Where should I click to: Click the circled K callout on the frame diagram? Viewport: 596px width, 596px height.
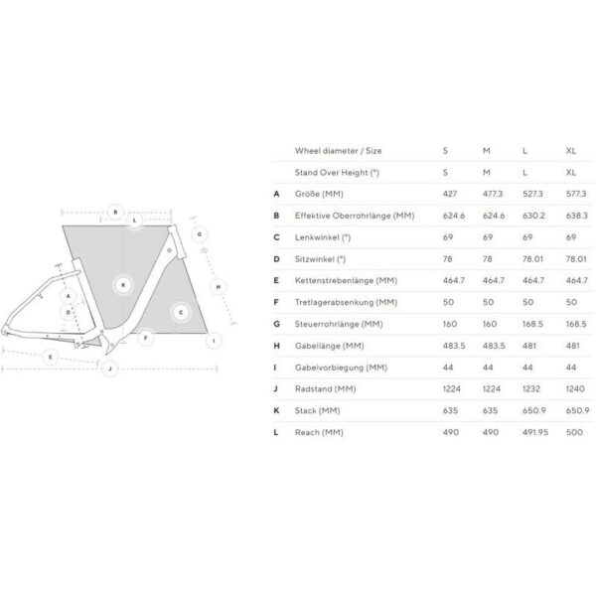(122, 284)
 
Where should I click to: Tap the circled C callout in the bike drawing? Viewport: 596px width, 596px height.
(181, 312)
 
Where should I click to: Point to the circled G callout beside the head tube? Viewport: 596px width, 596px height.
(199, 234)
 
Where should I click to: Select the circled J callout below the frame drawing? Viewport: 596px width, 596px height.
(110, 369)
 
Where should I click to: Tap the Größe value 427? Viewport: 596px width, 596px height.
(450, 194)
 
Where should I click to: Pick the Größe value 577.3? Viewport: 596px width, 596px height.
(576, 194)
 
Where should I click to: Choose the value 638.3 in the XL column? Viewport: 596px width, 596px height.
(576, 216)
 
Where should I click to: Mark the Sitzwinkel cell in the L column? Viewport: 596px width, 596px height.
(532, 259)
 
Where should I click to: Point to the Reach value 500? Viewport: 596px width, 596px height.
(573, 432)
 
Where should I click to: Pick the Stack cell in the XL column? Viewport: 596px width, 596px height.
(576, 410)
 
